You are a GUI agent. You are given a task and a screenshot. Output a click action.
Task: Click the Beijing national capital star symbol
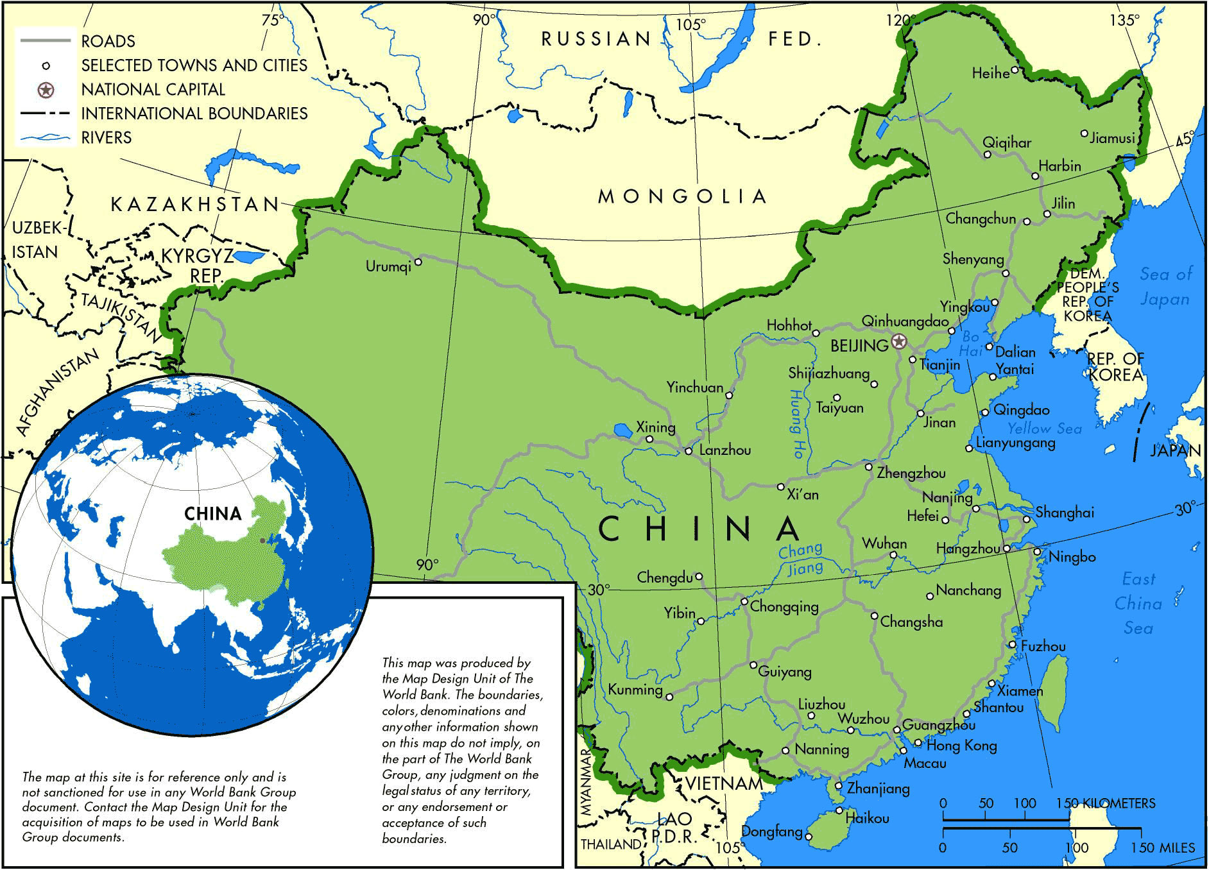point(899,341)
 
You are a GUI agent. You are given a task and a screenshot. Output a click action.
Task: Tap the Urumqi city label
point(388,266)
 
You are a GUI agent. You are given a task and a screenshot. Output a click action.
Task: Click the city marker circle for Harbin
point(1035,176)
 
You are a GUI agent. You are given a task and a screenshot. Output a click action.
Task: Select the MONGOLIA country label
point(682,196)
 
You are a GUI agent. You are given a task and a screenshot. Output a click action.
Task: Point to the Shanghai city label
point(1065,513)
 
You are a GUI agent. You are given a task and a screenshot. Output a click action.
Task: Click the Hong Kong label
point(961,746)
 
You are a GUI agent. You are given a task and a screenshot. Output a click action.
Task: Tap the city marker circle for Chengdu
point(699,577)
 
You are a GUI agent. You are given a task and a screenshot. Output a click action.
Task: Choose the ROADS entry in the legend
point(108,42)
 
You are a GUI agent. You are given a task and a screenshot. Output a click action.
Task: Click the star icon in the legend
point(46,90)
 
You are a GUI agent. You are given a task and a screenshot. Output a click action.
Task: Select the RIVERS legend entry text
point(107,138)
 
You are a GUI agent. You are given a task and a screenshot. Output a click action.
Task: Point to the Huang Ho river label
point(796,423)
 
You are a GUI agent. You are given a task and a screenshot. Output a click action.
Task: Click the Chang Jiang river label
point(801,559)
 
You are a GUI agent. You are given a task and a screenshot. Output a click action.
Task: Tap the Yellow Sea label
point(1044,429)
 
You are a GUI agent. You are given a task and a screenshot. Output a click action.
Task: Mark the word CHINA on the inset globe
point(212,514)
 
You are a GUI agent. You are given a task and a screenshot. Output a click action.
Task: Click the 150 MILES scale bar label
point(1163,848)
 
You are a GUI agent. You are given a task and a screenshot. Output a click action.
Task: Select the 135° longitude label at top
point(1125,21)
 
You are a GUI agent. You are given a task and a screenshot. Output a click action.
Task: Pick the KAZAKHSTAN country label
point(195,205)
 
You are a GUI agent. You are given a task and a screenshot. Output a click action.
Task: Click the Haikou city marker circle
point(839,811)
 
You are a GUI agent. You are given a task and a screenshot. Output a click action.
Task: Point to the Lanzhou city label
point(725,450)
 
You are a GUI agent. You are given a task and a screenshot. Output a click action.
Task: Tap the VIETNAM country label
point(724,783)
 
